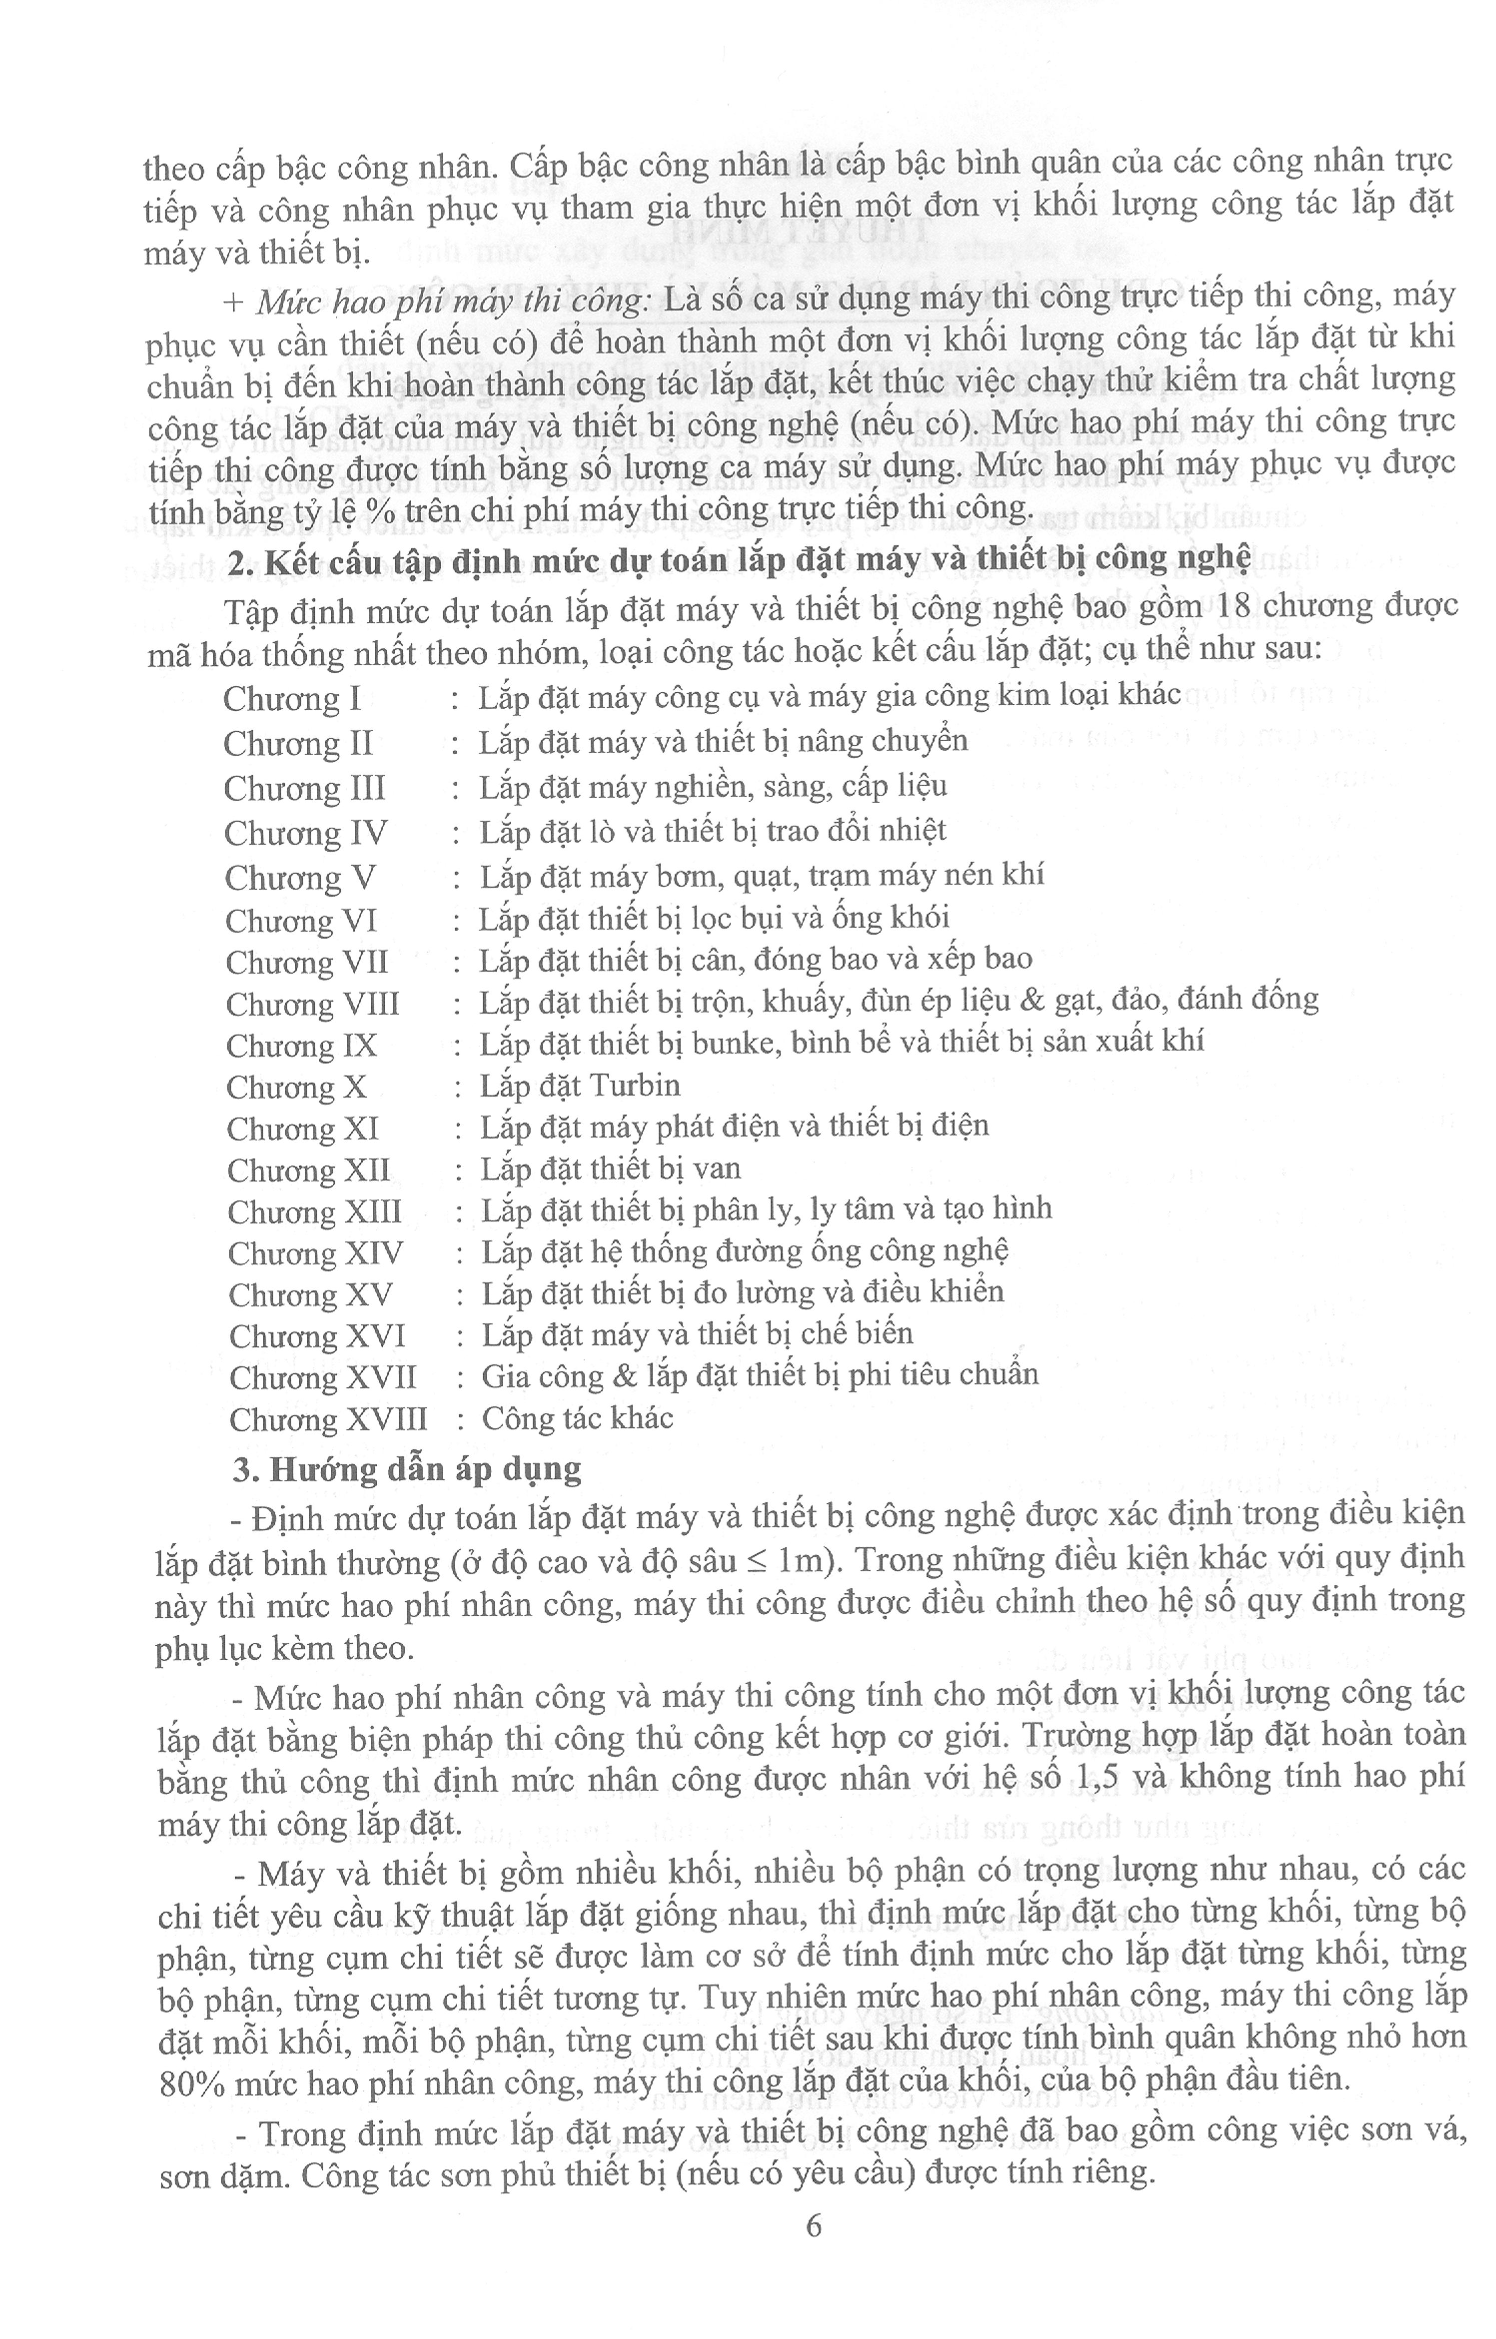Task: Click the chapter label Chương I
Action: (291, 699)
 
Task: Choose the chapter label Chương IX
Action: (301, 1046)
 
